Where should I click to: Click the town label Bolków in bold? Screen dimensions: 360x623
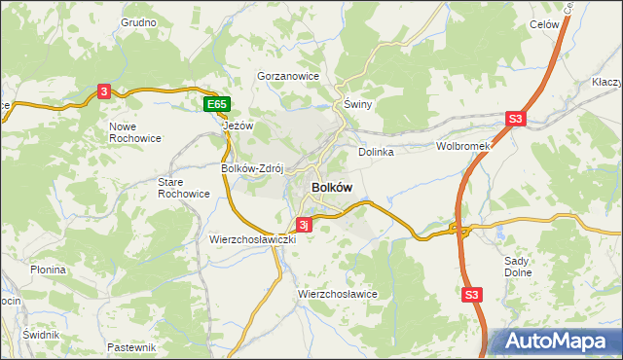tap(331, 187)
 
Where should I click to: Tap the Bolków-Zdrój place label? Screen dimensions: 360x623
tap(251, 167)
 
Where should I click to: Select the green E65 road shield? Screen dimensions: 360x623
tap(217, 103)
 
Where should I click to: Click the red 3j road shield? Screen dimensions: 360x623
tap(304, 225)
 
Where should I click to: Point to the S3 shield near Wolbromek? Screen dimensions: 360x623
tap(515, 120)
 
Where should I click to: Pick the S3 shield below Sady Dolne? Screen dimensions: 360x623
tap(472, 294)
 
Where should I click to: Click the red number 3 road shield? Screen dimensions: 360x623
tap(104, 91)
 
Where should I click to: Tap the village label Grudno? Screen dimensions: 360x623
tap(139, 21)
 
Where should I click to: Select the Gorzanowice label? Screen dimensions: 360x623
tap(288, 75)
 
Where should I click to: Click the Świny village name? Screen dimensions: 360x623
tap(358, 103)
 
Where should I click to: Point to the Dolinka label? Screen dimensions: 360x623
tap(375, 152)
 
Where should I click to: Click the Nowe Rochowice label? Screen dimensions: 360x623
tap(135, 132)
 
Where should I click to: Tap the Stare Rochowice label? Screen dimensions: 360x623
tap(184, 187)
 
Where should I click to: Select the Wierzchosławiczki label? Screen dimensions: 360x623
tap(252, 238)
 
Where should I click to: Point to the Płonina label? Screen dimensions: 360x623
tap(47, 270)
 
